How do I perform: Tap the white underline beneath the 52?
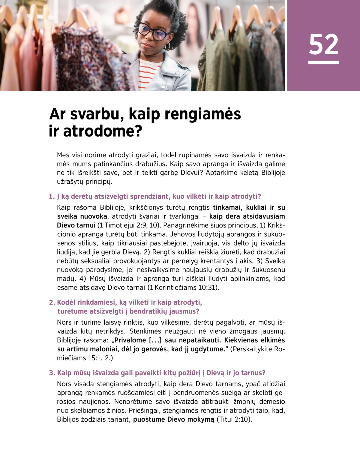click(x=323, y=62)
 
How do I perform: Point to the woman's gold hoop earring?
click(x=167, y=46)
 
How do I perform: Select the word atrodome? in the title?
click(x=102, y=131)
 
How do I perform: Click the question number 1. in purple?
click(x=52, y=197)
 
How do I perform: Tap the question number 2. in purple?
click(x=52, y=302)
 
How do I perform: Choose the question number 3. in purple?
click(x=52, y=373)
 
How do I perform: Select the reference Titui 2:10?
click(x=234, y=419)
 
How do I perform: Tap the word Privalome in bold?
click(x=130, y=340)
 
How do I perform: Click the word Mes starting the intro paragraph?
click(x=63, y=155)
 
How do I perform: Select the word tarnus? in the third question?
click(x=253, y=373)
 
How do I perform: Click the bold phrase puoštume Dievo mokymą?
click(x=174, y=419)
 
